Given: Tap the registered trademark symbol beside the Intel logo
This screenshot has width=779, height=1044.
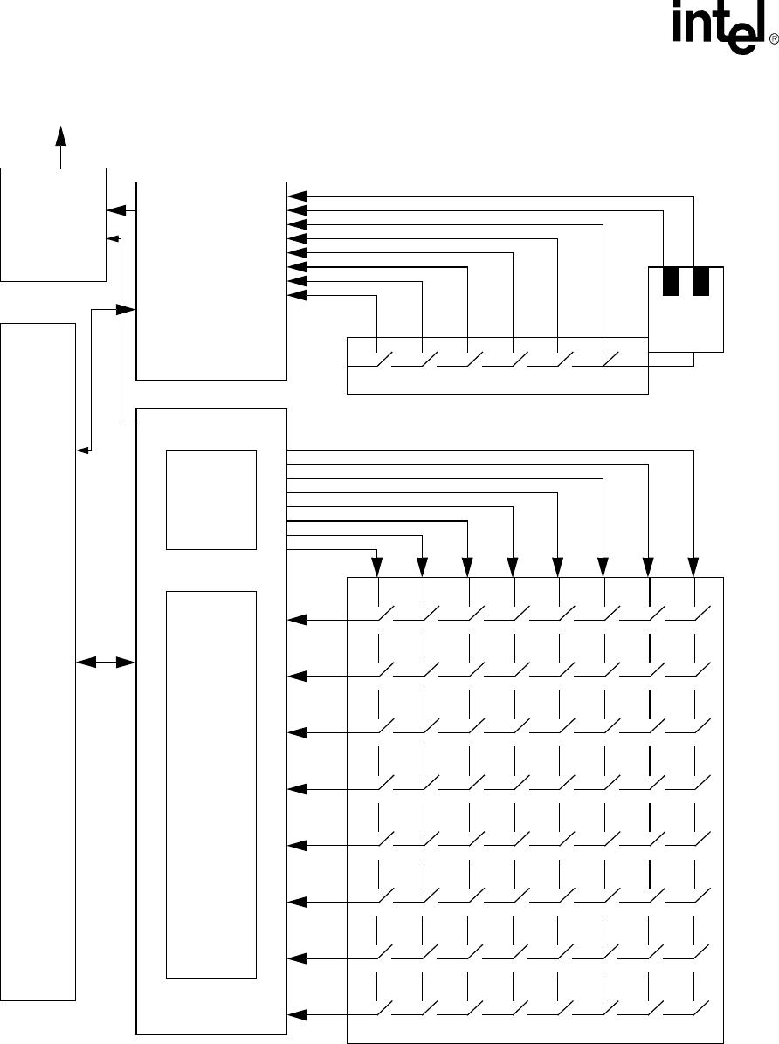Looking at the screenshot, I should point(773,39).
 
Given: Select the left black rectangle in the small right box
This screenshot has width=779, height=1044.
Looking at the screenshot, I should point(671,282).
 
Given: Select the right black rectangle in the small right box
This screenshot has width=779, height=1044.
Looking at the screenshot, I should point(700,282).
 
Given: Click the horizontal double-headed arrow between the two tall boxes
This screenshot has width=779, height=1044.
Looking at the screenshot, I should point(106,663).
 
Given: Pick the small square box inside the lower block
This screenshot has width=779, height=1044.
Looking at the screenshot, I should point(210,499).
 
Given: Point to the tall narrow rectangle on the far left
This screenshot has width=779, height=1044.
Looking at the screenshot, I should point(38,661).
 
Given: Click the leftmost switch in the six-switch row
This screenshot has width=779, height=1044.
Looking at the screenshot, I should point(382,359).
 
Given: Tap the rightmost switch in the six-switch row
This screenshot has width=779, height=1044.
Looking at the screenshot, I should point(609,359).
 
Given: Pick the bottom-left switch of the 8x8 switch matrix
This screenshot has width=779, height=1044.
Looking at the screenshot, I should point(382,1009).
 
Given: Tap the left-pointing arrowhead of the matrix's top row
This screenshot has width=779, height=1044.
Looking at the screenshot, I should point(297,620).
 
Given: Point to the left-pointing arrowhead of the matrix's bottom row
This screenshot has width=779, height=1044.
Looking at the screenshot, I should point(297,1013).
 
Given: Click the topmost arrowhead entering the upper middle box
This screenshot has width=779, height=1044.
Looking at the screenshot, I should point(297,196).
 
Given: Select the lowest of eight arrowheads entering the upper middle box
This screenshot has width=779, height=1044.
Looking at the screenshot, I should point(297,295).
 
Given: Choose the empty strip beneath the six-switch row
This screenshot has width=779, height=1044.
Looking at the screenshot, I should point(497,381).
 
